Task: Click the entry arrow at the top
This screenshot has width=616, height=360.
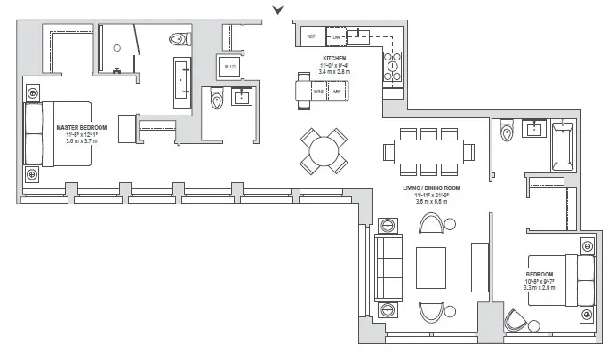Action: click(279, 10)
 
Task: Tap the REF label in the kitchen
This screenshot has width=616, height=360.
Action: click(311, 36)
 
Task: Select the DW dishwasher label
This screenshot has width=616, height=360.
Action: click(337, 36)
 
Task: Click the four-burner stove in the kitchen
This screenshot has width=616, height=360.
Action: click(391, 66)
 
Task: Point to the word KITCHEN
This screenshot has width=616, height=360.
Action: click(334, 60)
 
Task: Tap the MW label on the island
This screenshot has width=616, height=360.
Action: click(337, 91)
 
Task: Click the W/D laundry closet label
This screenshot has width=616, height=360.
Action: click(229, 67)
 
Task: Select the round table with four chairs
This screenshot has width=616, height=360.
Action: click(323, 150)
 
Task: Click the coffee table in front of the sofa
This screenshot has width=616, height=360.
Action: click(431, 264)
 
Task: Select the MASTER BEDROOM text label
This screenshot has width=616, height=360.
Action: click(82, 128)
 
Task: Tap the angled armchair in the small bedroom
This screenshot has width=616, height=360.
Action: click(515, 320)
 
